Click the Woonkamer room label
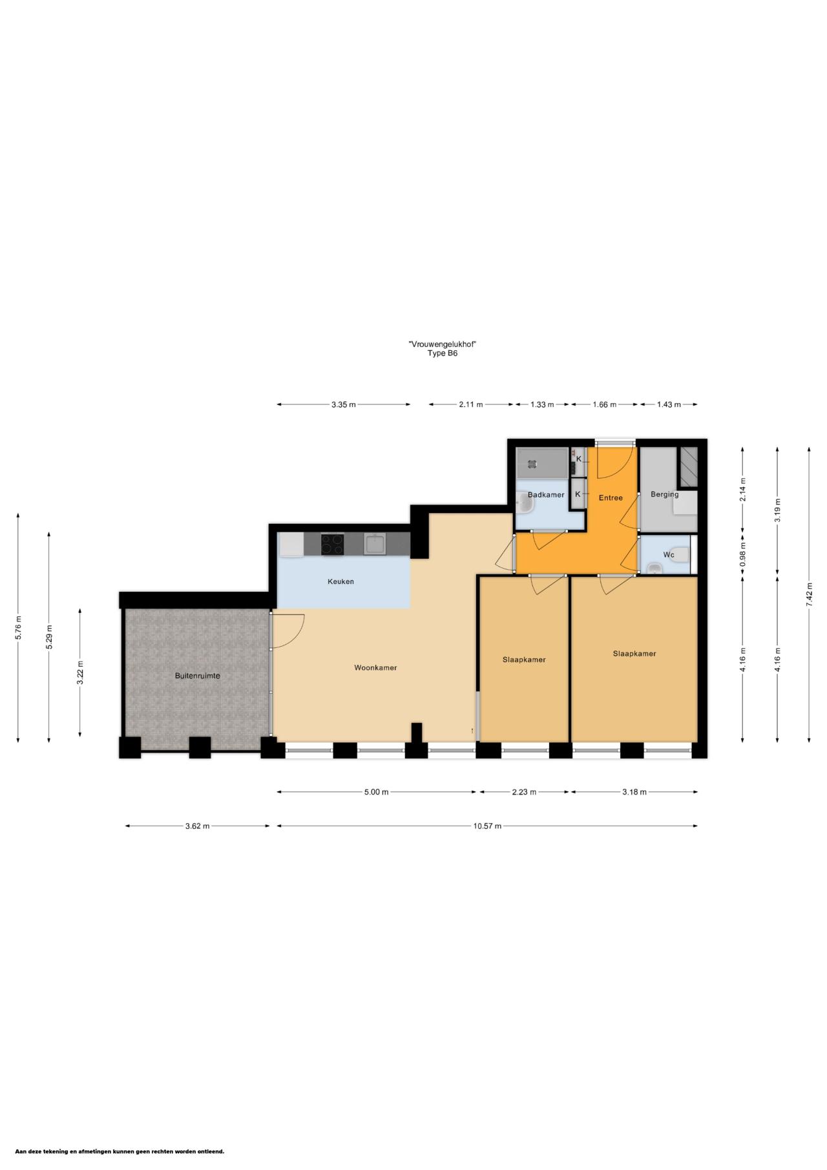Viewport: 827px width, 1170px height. click(375, 667)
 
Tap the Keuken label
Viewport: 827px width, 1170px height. click(340, 581)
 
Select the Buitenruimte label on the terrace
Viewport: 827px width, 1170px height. click(198, 676)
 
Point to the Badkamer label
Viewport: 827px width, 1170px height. click(546, 495)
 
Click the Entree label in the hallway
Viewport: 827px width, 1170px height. click(611, 497)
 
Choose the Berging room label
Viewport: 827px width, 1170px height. click(665, 494)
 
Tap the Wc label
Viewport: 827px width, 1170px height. click(669, 554)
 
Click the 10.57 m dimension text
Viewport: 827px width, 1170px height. click(487, 826)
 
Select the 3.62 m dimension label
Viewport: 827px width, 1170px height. click(197, 826)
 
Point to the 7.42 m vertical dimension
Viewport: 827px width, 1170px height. click(809, 594)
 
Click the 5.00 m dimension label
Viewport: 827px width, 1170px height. click(376, 791)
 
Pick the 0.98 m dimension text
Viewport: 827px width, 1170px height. click(743, 554)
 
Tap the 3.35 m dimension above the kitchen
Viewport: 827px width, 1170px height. click(344, 404)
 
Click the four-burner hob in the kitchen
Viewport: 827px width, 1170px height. click(332, 545)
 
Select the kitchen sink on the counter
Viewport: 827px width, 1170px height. click(374, 544)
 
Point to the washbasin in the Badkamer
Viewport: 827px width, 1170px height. click(523, 503)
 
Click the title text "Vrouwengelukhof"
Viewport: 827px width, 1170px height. click(443, 344)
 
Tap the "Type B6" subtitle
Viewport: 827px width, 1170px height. click(443, 353)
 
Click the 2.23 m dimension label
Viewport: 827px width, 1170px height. click(524, 791)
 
